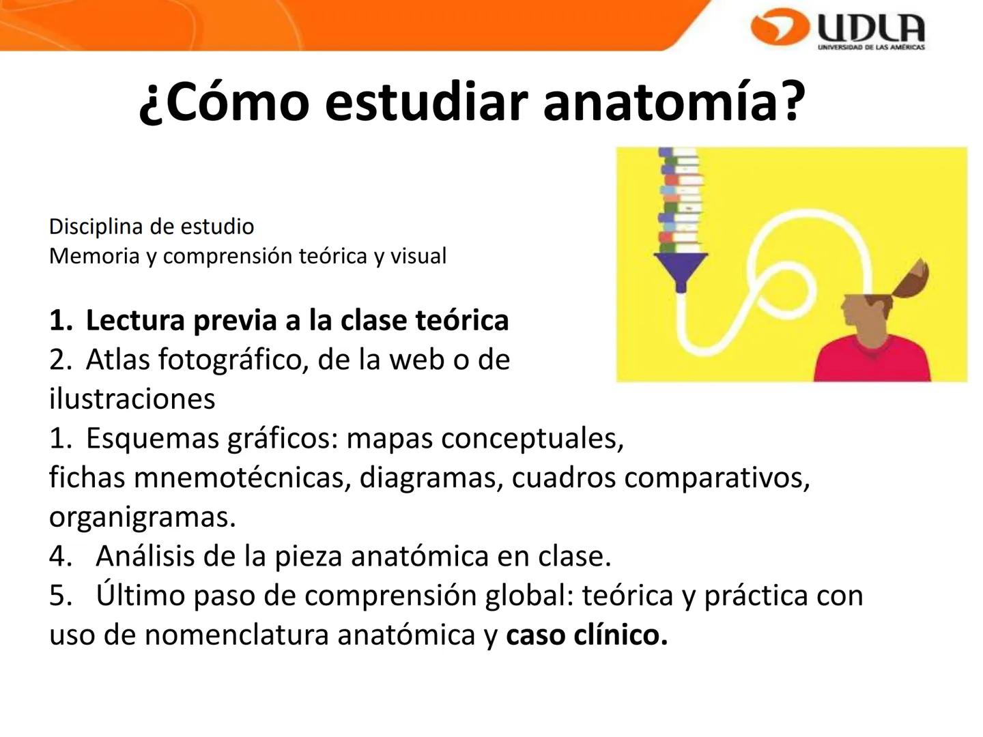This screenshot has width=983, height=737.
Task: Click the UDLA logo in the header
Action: pos(838,29)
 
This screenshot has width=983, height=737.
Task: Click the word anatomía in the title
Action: pos(672,101)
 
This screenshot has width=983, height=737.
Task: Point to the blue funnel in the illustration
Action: pos(680,268)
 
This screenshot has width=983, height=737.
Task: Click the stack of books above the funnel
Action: pos(680,198)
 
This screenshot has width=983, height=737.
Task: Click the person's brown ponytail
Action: pos(911,280)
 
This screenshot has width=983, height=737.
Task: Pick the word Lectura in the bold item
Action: pos(134,320)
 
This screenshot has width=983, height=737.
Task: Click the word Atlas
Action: pos(117,359)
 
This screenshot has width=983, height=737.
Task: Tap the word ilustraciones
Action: pos(132,399)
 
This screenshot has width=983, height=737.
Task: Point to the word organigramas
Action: pos(142,517)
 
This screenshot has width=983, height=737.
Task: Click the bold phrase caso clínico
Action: pos(586,635)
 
